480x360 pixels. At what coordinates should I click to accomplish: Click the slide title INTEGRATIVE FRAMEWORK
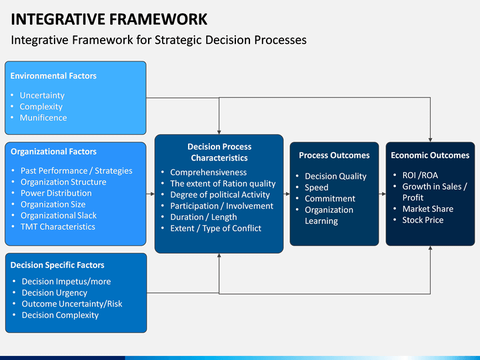[109, 19]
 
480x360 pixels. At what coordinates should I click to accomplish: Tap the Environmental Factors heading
[53, 76]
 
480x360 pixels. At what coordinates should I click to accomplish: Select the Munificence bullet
[43, 118]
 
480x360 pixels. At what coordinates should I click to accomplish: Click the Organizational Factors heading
[53, 151]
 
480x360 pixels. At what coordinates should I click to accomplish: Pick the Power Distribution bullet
[56, 193]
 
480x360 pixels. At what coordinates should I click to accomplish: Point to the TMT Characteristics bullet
[58, 227]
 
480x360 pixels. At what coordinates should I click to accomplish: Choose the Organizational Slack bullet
[59, 215]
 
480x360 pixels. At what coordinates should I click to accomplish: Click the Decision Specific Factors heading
[57, 265]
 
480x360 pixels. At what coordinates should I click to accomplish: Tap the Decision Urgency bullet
[55, 293]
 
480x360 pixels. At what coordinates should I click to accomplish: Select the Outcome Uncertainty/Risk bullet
[72, 304]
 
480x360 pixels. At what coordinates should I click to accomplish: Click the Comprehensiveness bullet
[209, 173]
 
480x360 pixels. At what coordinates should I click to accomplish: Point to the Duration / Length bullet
[203, 217]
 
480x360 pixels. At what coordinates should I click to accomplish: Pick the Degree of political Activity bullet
[220, 195]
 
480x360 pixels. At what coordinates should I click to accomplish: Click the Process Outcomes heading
[334, 155]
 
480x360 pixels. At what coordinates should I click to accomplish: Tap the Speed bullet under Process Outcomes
[317, 187]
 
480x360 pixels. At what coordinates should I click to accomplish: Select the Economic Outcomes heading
[430, 155]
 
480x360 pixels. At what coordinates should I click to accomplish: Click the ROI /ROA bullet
[420, 175]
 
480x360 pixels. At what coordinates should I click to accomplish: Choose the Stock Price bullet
[423, 220]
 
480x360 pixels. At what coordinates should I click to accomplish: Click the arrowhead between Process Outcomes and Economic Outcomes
[383, 194]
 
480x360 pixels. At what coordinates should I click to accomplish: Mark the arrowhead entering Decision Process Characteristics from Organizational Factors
[153, 194]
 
